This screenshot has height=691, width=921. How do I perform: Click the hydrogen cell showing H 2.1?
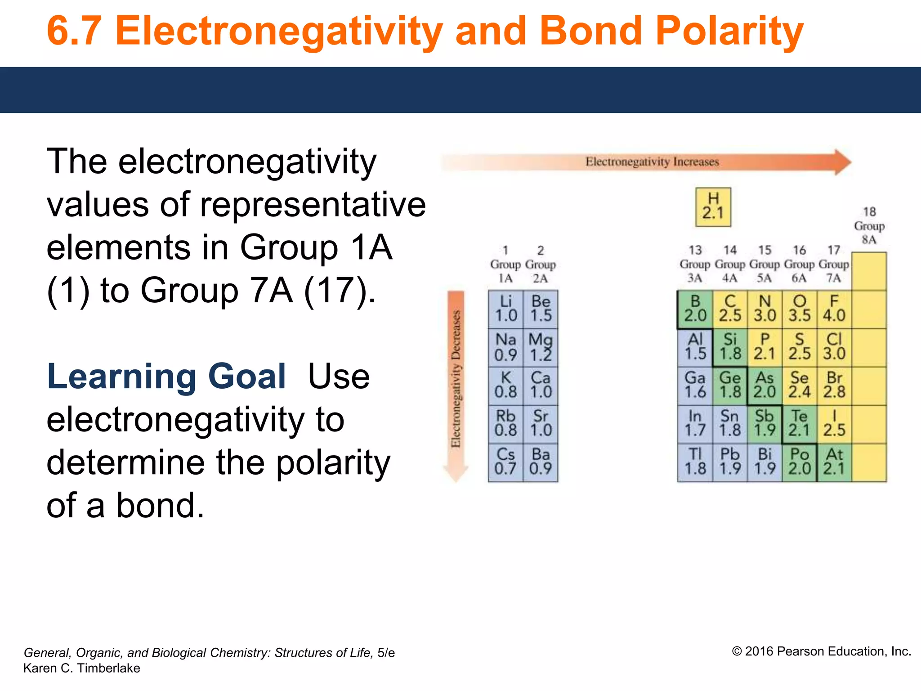[x=713, y=207]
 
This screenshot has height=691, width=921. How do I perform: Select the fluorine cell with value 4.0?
[x=834, y=309]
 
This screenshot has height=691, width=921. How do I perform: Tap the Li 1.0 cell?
[x=506, y=309]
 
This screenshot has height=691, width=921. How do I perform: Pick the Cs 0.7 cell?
[x=506, y=462]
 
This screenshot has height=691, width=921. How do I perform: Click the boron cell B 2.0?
[x=695, y=309]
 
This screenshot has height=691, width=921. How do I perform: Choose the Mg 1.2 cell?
[x=541, y=347]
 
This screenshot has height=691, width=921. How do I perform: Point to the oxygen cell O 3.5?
[x=799, y=309]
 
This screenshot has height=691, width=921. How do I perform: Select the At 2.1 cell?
[x=834, y=462]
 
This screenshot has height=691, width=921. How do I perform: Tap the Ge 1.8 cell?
[x=730, y=386]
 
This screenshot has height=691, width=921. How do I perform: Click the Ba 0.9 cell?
[x=541, y=462]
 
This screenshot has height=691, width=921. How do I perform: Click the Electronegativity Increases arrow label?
[x=652, y=162]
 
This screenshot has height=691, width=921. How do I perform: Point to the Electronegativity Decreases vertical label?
[x=456, y=378]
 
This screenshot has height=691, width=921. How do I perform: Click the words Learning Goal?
[x=166, y=377]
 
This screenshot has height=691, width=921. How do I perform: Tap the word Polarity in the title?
[x=729, y=31]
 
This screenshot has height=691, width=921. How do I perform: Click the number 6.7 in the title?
[x=74, y=31]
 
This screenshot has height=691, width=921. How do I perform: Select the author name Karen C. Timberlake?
[x=81, y=668]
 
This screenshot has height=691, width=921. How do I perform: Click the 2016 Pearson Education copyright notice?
[x=821, y=651]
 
